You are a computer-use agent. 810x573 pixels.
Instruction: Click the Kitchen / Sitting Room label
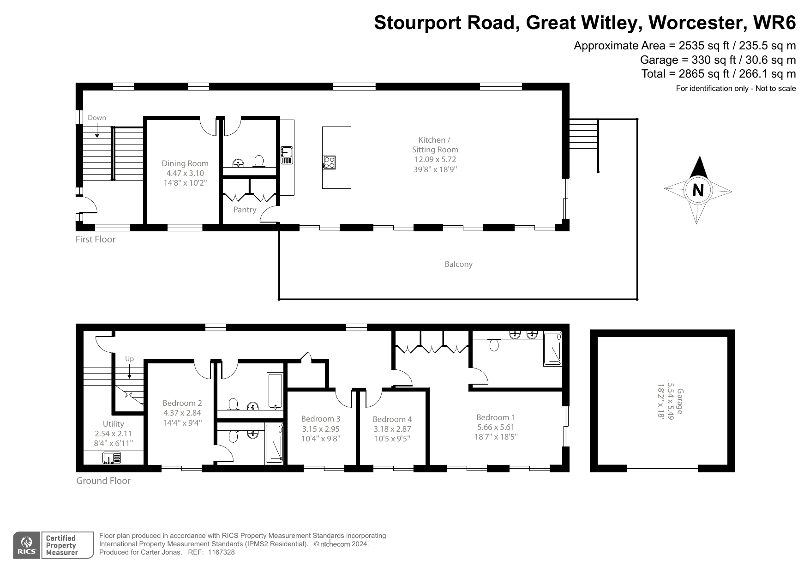435,145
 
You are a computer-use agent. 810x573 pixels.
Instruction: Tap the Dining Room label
185,163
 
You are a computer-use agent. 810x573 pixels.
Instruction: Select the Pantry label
245,210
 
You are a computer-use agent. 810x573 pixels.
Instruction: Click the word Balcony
458,264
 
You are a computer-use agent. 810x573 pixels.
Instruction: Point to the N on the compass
698,190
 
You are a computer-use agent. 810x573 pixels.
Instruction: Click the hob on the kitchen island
329,162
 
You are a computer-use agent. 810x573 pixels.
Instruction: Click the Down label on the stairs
97,118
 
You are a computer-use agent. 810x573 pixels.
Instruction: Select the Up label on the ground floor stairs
129,359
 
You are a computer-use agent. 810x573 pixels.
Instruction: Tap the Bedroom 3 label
321,419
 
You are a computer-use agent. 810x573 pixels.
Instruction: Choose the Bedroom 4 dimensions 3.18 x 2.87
392,429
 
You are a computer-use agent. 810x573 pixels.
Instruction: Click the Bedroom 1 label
496,417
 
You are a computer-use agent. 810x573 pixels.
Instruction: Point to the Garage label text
679,401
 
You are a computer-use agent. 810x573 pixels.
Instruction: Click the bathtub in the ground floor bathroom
275,392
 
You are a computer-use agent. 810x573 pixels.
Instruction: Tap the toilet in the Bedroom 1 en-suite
494,344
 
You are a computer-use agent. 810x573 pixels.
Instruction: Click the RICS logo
26,545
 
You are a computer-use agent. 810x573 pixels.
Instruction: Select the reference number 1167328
222,552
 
